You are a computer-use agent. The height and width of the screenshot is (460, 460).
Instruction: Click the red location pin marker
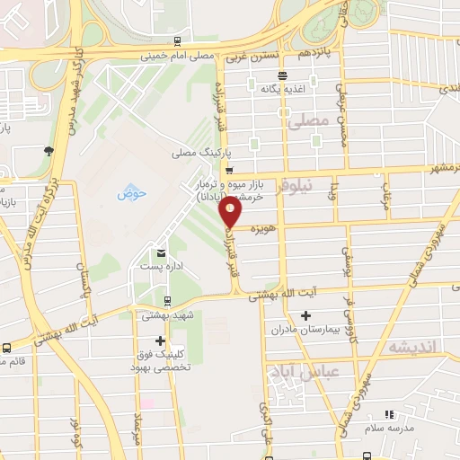pyautogui.click(x=232, y=211)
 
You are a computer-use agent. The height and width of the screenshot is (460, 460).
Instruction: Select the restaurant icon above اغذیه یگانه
pyautogui.click(x=283, y=75)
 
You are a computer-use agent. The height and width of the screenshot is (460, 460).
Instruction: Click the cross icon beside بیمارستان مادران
pyautogui.click(x=306, y=316)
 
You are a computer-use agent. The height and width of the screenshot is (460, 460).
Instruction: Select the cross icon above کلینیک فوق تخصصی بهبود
pyautogui.click(x=160, y=341)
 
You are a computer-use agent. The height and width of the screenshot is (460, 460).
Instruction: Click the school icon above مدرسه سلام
pyautogui.click(x=389, y=414)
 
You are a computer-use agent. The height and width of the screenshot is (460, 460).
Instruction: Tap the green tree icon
pyautogui.click(x=47, y=150)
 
